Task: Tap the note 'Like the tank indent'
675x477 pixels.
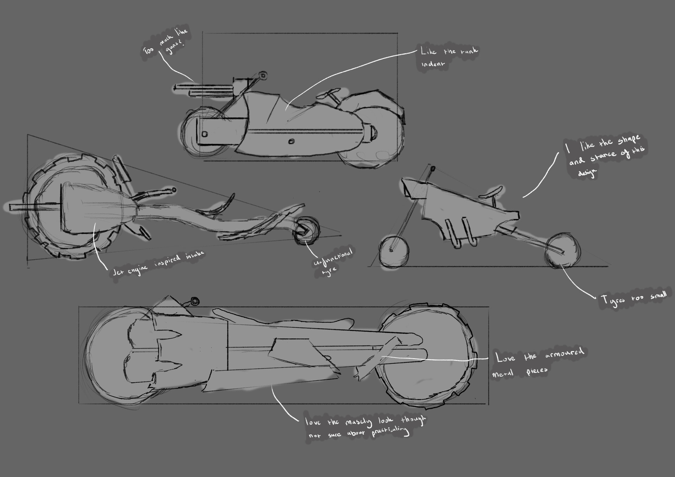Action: tap(448, 57)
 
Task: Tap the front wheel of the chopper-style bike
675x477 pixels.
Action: tap(394, 252)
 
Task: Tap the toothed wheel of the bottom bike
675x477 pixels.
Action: tap(427, 357)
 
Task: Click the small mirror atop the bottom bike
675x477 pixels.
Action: tap(195, 301)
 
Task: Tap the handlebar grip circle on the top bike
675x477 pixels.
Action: tap(262, 75)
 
